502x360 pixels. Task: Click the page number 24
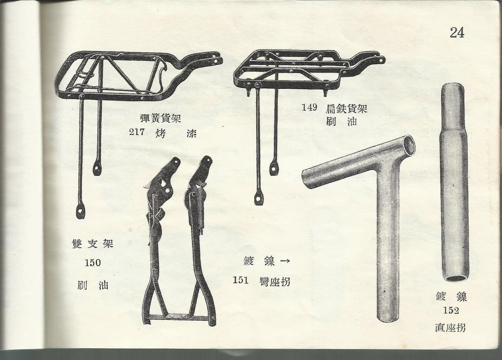point(457,33)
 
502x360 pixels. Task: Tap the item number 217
point(137,132)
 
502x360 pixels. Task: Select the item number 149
point(309,107)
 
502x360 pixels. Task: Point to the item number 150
point(93,263)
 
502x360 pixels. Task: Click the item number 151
point(241,280)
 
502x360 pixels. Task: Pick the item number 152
point(451,310)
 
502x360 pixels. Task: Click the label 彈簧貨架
point(161,118)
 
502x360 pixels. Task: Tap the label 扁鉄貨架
point(346,108)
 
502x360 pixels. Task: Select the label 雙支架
point(93,244)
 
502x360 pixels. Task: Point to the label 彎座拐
point(275,281)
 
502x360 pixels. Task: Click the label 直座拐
point(450,327)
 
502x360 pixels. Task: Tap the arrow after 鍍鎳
point(285,261)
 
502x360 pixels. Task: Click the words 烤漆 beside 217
point(175,133)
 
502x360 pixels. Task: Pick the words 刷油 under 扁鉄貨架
point(341,121)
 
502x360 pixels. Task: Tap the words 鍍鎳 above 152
point(451,297)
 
